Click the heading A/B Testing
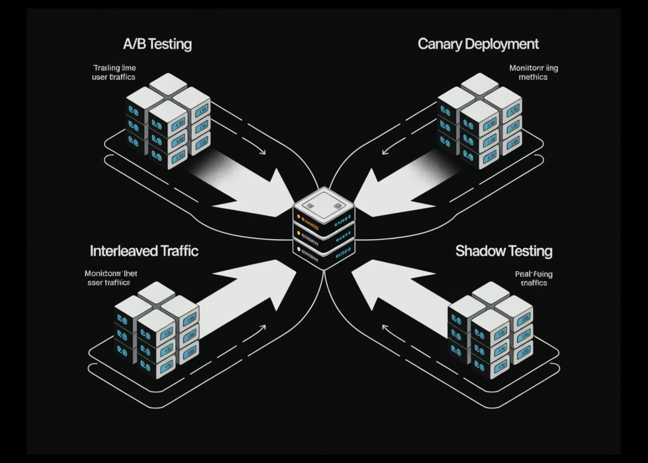[x=157, y=44]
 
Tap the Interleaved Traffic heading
[x=144, y=251]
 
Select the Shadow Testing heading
[x=504, y=251]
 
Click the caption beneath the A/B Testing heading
[x=114, y=72]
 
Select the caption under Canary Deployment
[x=533, y=72]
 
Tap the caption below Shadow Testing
[x=533, y=278]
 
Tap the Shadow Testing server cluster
[x=490, y=330]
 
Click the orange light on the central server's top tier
[x=299, y=217]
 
